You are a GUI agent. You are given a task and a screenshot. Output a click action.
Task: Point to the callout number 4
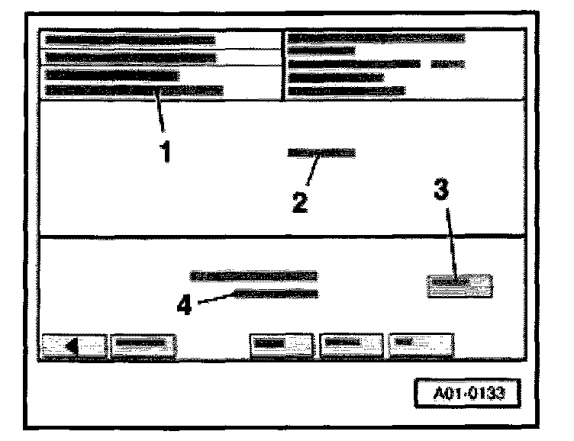click(x=183, y=306)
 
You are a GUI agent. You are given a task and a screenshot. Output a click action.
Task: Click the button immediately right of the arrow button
click(x=143, y=345)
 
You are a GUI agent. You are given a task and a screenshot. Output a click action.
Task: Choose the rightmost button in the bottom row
click(x=420, y=345)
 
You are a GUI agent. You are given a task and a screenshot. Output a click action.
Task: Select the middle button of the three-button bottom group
click(x=350, y=345)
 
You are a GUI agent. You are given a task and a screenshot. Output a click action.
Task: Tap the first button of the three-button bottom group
click(x=282, y=345)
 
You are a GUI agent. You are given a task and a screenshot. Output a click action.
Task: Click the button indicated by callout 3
click(x=459, y=284)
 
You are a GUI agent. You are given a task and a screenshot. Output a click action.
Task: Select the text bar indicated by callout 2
click(x=321, y=153)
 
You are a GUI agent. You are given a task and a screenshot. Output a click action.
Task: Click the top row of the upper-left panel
click(x=130, y=40)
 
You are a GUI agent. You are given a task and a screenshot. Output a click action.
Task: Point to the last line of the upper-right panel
click(x=347, y=91)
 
